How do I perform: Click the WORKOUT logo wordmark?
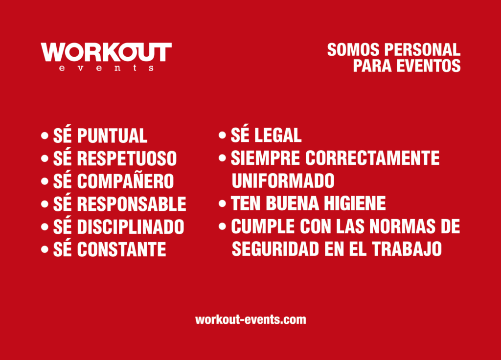[x=106, y=52]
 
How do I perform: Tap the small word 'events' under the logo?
[x=106, y=68]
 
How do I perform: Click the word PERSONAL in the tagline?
[x=422, y=50]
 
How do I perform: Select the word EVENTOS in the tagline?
[x=429, y=66]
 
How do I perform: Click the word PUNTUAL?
[x=112, y=135]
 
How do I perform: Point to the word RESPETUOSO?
[x=127, y=158]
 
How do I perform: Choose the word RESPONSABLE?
[x=132, y=204]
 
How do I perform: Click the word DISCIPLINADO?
[x=131, y=226]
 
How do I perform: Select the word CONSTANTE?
[x=121, y=249]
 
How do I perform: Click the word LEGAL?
[x=278, y=135]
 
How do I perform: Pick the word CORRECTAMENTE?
[x=372, y=158]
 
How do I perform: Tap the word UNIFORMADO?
[x=283, y=180]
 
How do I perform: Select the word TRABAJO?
[x=407, y=249]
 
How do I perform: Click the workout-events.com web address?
[x=250, y=319]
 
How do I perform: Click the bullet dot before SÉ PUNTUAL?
[x=45, y=135]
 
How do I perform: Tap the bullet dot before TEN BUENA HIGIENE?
[x=223, y=203]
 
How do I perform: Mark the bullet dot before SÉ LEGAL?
[x=223, y=135]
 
